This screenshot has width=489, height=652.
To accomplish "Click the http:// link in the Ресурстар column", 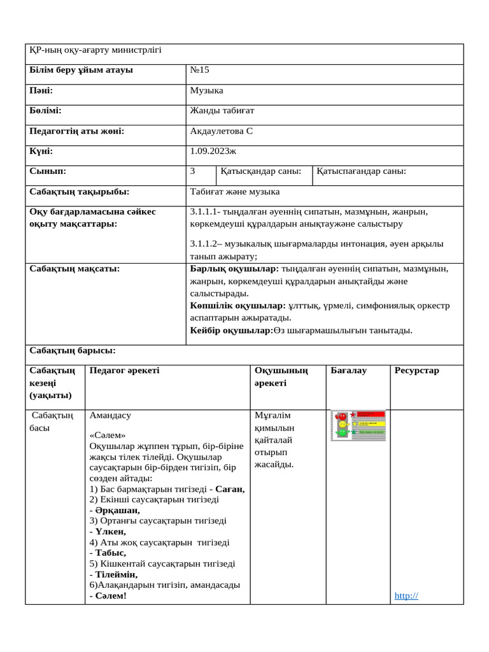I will coord(406,596).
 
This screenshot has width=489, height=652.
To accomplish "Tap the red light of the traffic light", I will coord(342,416).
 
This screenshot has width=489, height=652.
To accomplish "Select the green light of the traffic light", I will coord(342,433).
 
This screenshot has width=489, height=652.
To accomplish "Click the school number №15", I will coord(199,70).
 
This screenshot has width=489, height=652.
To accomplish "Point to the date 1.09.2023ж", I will coord(213,152).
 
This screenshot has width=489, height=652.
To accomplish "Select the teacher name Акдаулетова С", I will coord(222,131).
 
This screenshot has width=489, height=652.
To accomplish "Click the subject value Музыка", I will coord(206,90).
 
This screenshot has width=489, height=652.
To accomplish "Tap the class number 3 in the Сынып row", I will coord(192,171).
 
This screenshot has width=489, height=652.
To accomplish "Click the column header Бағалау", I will coord(348,371).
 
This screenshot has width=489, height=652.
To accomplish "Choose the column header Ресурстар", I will coord(416,371).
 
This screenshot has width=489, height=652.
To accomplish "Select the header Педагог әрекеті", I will coord(125,371).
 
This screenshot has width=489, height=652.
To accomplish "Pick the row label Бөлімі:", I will coord(45,111).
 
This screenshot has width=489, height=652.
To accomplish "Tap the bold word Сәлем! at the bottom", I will coord(111,596).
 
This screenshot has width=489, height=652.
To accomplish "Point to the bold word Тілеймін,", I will coord(117,574).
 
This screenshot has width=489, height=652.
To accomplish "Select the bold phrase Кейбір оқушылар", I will coord(230,330).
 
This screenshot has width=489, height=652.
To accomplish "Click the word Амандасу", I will coord(110,415).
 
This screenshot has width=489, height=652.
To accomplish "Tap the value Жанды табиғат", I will coord(222,111).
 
